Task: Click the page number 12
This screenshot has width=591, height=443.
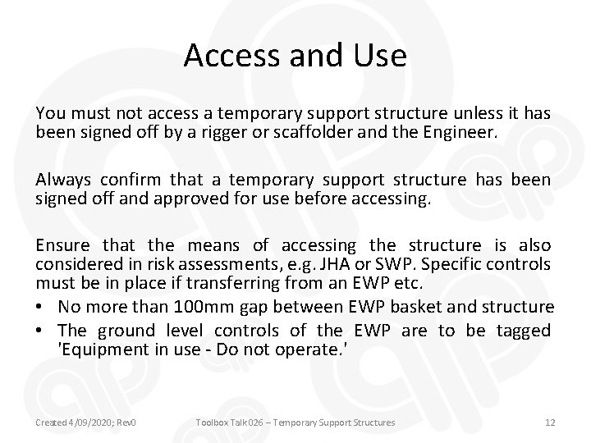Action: click(550, 422)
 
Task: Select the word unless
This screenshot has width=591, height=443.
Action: click(462, 113)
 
